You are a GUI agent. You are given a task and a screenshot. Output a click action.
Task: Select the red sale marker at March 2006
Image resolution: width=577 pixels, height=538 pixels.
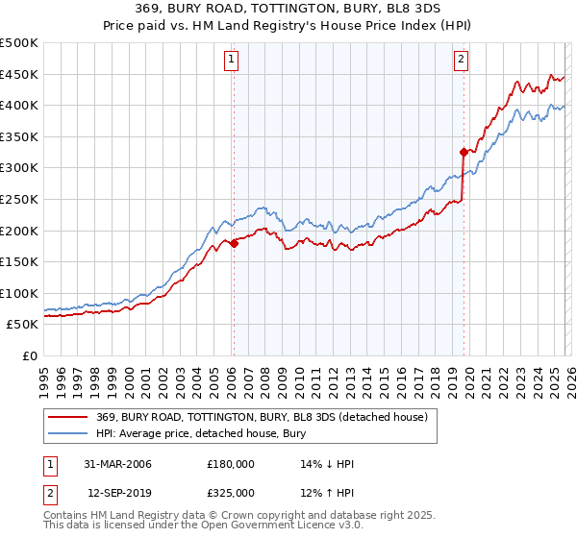[234, 243]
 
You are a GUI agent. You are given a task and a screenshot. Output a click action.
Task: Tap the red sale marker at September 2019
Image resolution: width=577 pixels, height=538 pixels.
[464, 152]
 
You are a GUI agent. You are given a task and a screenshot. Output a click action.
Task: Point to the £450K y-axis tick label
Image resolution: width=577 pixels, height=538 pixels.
[19, 74]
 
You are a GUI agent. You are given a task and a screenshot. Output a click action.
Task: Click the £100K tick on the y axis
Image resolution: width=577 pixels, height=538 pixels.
[19, 293]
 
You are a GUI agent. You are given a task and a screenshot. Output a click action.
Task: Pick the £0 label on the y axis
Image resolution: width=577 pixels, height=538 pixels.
[29, 355]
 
